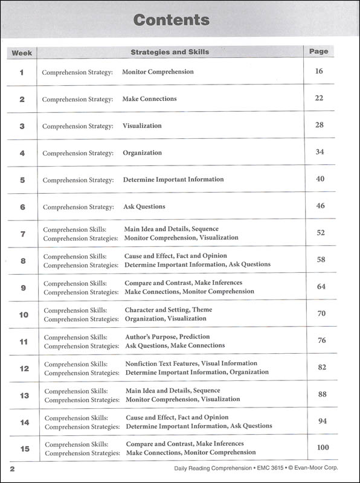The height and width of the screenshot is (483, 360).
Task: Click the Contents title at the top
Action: tap(171, 20)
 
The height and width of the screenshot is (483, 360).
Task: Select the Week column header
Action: tap(22, 53)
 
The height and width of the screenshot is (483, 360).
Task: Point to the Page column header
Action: tap(319, 51)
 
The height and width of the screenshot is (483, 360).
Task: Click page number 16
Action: tap(320, 71)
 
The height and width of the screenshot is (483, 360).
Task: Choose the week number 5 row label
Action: tap(22, 180)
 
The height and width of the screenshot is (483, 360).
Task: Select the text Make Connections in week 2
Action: tap(149, 98)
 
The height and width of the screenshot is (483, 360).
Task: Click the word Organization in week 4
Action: tap(143, 153)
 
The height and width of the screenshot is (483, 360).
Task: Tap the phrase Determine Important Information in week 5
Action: tap(173, 179)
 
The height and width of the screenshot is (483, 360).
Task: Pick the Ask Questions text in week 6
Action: tap(144, 206)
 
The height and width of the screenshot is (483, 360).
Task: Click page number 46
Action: tap(320, 206)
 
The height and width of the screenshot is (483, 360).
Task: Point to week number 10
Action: tap(24, 315)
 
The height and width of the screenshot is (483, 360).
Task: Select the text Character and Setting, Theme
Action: tap(169, 310)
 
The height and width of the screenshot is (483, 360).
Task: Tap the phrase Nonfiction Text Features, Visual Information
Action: tap(191, 363)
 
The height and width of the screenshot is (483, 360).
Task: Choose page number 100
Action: tap(322, 447)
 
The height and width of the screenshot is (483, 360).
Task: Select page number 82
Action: tap(321, 367)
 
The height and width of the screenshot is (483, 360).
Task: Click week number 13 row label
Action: tap(24, 395)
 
